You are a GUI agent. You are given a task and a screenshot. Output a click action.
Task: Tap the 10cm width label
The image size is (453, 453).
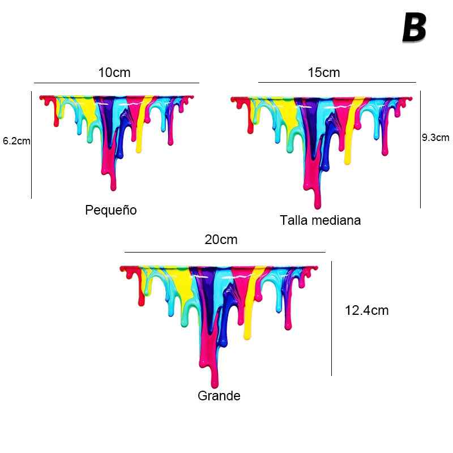pos(114,72)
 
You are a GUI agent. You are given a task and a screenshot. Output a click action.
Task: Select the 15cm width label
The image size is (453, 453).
pos(324,72)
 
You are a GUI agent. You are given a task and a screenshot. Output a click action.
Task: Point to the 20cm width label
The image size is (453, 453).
pos(221,240)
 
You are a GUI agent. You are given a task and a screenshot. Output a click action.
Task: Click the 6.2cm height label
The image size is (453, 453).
pos(16,141)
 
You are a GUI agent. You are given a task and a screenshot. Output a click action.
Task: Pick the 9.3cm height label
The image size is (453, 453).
pos(435,137)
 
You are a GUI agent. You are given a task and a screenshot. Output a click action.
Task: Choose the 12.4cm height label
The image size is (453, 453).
pos(366,310)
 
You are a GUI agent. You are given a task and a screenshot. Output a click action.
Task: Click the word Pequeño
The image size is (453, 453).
pos(111,210)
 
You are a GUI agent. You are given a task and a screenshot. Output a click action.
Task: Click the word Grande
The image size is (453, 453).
pos(219,396)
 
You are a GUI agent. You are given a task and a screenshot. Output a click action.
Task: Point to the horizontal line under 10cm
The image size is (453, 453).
pos(116,83)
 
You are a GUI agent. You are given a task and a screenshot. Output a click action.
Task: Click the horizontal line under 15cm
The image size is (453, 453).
pos(337,83)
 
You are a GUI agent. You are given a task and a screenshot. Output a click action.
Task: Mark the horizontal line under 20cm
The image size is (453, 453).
pos(225,252)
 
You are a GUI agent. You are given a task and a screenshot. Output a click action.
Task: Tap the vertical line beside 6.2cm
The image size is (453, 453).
pos(31,144)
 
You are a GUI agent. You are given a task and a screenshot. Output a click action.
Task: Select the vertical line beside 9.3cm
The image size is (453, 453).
pos(420,150)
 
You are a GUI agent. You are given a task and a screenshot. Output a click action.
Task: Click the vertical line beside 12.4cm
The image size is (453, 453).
pos(331,318)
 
